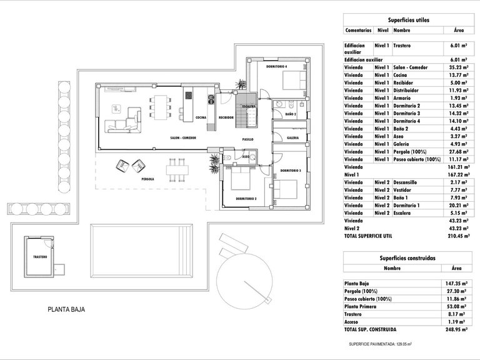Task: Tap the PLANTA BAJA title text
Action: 66,309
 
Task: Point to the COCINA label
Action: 201,117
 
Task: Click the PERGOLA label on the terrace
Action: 147,179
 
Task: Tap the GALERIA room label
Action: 292,137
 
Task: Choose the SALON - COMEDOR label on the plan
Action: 182,137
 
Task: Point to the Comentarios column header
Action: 357,30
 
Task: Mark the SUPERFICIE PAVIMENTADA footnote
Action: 381,344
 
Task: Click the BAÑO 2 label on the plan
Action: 291,115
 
